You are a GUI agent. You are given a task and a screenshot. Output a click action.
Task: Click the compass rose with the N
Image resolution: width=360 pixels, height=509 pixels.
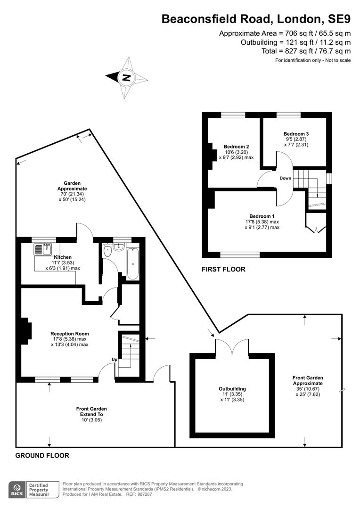point(127,78)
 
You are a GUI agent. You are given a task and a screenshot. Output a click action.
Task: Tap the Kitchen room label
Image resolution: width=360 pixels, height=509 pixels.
point(63,257)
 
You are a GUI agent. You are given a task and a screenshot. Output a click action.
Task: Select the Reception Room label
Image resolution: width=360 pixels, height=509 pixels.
point(69,334)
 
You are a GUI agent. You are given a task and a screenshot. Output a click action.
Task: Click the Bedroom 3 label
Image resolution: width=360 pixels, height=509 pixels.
point(296,134)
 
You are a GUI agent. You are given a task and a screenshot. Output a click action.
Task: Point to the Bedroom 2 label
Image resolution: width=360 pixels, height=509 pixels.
point(237,147)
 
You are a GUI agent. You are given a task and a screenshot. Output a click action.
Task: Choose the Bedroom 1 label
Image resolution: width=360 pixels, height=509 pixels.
point(262,216)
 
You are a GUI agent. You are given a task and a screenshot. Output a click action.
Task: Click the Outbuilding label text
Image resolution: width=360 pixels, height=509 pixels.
point(232,389)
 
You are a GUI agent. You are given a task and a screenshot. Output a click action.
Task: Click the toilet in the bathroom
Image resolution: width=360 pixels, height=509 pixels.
point(107,251)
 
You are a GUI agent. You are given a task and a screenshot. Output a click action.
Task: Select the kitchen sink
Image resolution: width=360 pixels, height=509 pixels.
point(43,249)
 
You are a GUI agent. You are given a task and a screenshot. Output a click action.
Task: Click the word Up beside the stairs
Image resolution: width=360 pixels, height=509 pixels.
point(114,360)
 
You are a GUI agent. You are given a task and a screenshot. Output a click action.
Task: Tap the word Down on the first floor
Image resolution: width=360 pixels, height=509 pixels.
point(286,178)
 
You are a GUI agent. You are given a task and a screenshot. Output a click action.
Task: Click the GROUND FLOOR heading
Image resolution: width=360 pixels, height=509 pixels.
point(42,455)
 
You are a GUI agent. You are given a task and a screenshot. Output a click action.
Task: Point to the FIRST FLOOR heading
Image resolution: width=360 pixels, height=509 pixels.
point(223,269)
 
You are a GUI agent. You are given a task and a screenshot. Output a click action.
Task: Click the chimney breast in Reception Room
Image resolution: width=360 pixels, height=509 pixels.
point(26,331)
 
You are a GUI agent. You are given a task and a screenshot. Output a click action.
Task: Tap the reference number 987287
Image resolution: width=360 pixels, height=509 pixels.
point(144,494)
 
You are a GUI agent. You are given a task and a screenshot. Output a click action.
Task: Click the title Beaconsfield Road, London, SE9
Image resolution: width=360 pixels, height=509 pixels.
point(256,19)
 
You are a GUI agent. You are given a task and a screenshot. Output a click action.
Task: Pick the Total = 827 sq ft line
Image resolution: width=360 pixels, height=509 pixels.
point(306,51)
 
